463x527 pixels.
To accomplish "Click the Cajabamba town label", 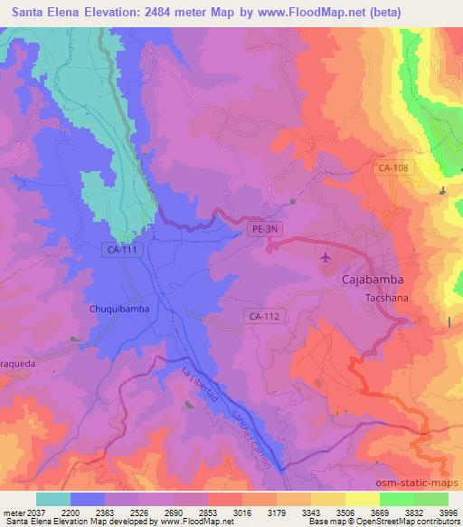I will point(372,281).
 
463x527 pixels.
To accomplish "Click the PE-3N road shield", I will point(266,231).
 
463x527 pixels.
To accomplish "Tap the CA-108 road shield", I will point(392,168).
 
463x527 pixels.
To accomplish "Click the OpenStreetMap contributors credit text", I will point(412,522).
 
